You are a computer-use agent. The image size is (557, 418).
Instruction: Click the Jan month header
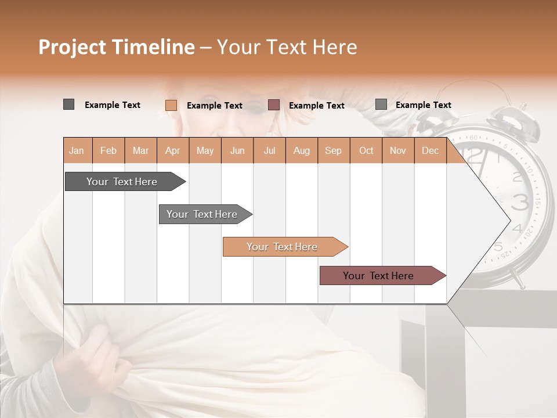(x=77, y=150)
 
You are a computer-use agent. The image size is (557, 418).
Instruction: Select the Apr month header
(x=172, y=150)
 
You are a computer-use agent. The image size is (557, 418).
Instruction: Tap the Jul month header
(x=269, y=150)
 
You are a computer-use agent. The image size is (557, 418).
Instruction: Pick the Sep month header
(x=333, y=150)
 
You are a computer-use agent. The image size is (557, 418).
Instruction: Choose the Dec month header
(x=430, y=150)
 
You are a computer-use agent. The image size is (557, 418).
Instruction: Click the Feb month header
(x=108, y=150)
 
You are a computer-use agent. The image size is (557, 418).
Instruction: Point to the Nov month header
(x=397, y=150)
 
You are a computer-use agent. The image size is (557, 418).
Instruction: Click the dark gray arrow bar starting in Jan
(x=122, y=182)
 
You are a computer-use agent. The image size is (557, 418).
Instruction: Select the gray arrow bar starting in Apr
(x=202, y=214)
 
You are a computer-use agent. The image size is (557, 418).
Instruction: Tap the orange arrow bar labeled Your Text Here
(x=282, y=247)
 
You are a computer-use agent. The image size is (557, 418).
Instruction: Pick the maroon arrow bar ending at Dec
(x=378, y=276)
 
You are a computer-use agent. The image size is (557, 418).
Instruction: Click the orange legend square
(x=171, y=105)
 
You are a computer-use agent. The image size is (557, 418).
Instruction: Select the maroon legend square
(x=274, y=105)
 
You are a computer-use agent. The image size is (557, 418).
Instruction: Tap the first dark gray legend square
(x=68, y=105)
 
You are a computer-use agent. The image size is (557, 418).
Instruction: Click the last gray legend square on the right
(x=381, y=104)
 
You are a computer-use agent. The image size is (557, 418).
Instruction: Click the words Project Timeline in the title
(x=116, y=47)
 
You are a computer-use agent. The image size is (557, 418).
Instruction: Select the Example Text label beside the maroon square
(x=316, y=106)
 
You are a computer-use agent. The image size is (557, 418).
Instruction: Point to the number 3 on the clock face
(x=520, y=202)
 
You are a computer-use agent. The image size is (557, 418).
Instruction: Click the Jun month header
(x=237, y=150)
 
